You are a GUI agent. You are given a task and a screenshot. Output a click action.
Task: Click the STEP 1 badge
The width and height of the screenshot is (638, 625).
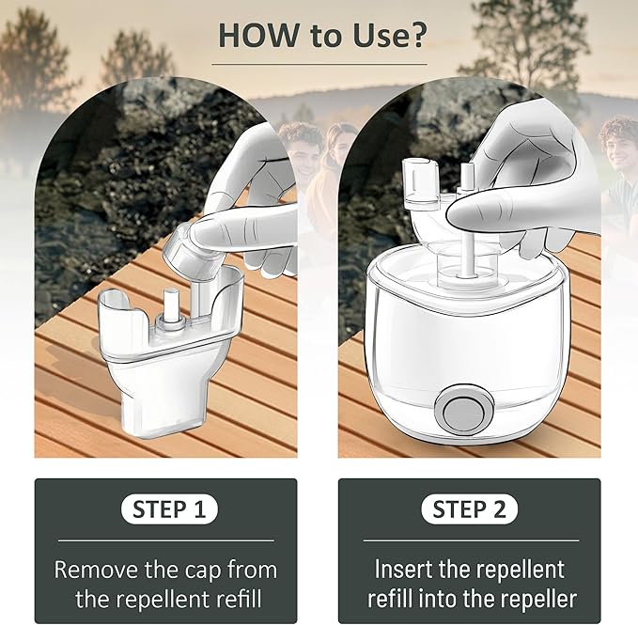[x=169, y=509]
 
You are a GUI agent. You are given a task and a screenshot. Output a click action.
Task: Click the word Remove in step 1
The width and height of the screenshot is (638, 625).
[x=97, y=569]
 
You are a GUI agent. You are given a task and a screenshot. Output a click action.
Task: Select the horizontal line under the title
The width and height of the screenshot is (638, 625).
[x=319, y=65]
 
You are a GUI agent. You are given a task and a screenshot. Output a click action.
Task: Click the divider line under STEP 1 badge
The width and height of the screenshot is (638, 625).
[x=166, y=540]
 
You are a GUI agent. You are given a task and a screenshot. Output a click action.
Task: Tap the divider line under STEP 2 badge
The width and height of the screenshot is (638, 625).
[x=470, y=540]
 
